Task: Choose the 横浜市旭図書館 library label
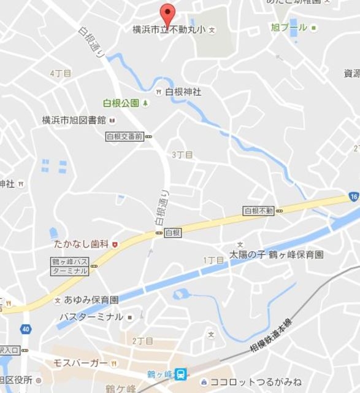click(x=74, y=120)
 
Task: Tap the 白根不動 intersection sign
click(x=258, y=211)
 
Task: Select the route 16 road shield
click(x=353, y=197)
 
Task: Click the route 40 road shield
click(x=25, y=329)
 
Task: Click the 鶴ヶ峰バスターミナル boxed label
click(x=70, y=266)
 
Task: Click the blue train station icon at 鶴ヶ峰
click(x=181, y=373)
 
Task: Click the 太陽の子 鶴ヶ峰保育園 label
click(x=277, y=254)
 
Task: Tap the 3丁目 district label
click(x=182, y=155)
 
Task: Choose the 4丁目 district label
click(x=61, y=73)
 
